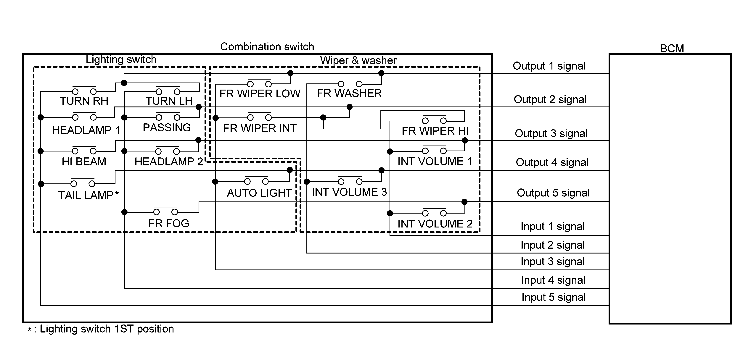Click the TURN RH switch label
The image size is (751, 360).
84,101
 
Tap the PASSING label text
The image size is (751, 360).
167,128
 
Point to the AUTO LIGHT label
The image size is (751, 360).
259,193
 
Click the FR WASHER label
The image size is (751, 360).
349,93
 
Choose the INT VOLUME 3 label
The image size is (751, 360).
349,192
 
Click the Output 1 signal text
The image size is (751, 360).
549,66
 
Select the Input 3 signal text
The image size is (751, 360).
553,262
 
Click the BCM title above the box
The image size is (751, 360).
672,48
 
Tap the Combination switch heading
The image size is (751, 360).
267,47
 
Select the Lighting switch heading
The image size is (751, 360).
121,59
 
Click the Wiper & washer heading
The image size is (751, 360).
358,60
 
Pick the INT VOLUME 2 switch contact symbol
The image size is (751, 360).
434,212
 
